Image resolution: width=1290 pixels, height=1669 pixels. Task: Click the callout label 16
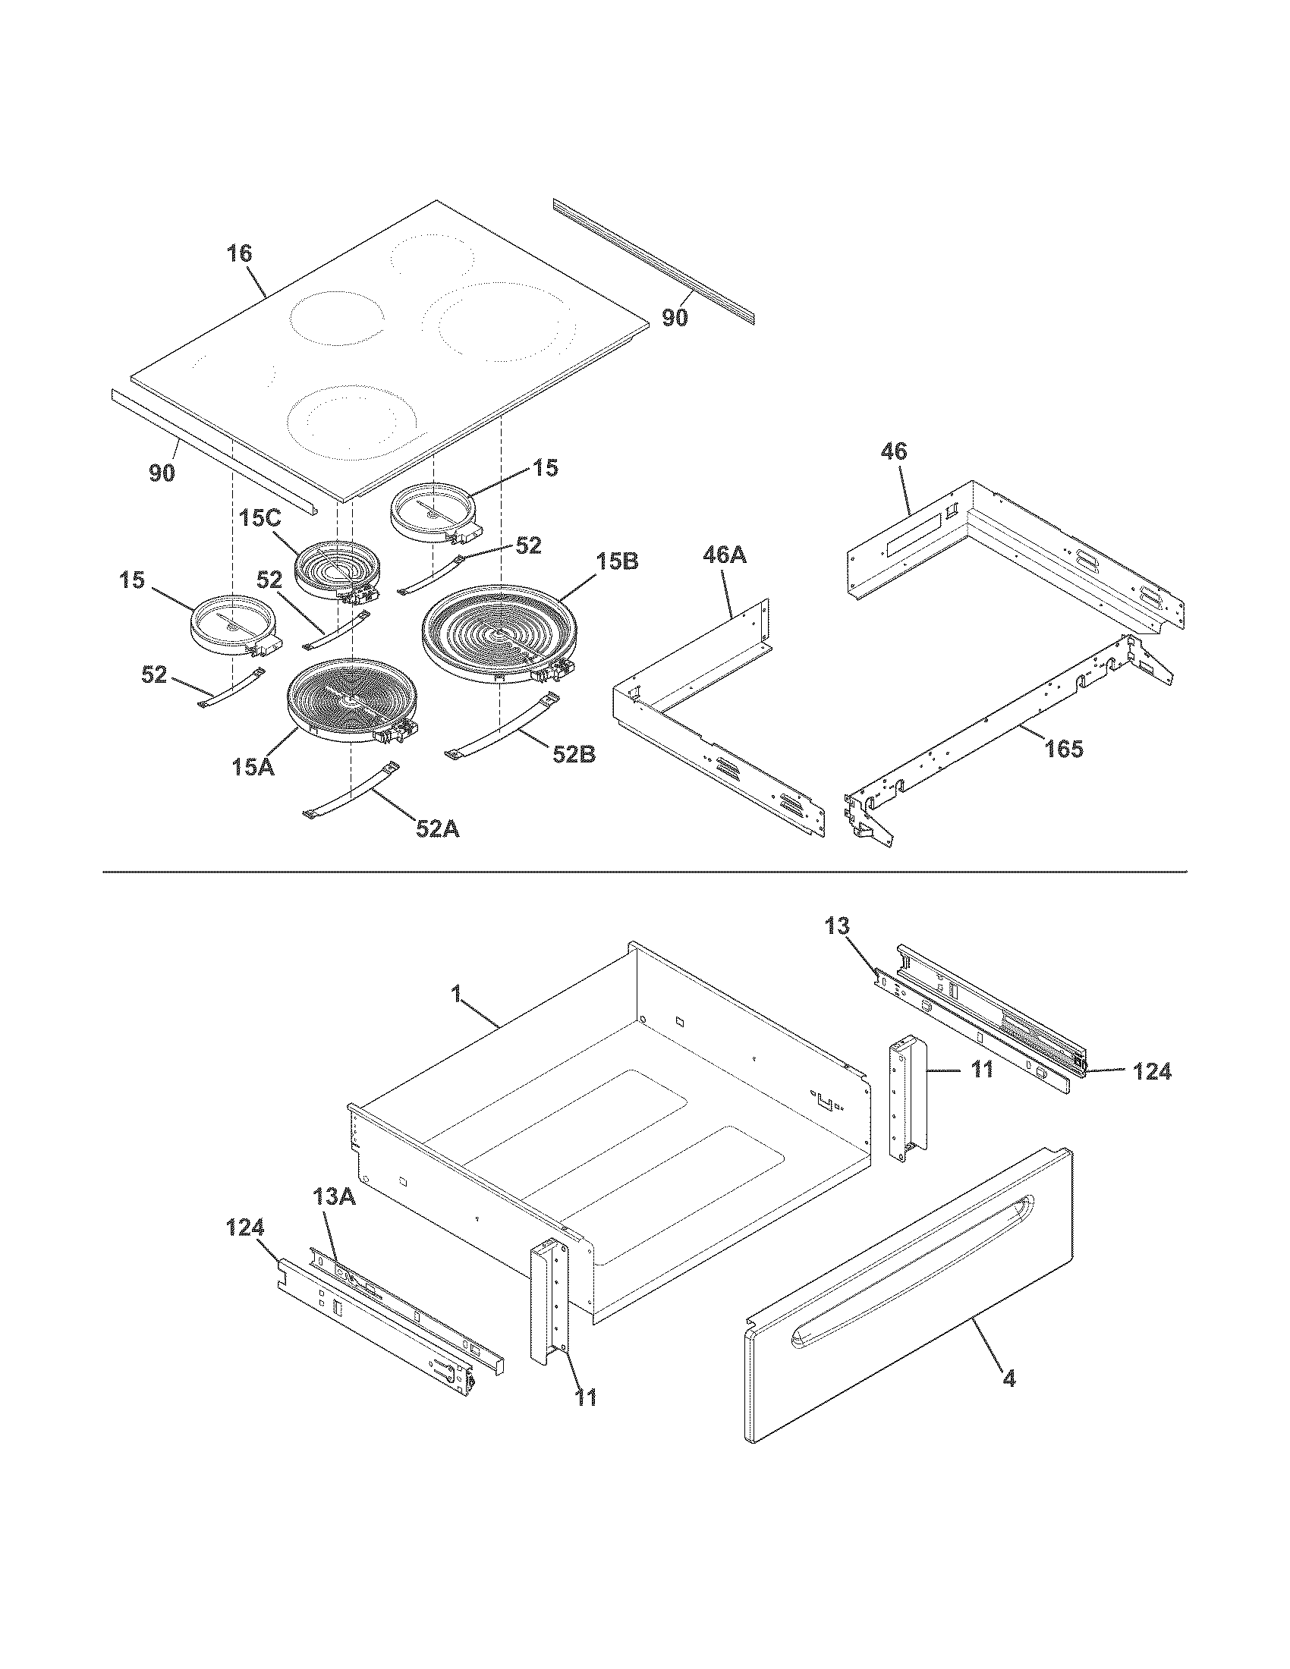240,253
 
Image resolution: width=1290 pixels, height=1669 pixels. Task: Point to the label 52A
437,828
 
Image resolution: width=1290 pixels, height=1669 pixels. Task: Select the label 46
893,451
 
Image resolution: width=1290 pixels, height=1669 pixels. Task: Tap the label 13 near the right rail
837,927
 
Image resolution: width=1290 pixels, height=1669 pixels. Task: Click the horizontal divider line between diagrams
644,871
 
